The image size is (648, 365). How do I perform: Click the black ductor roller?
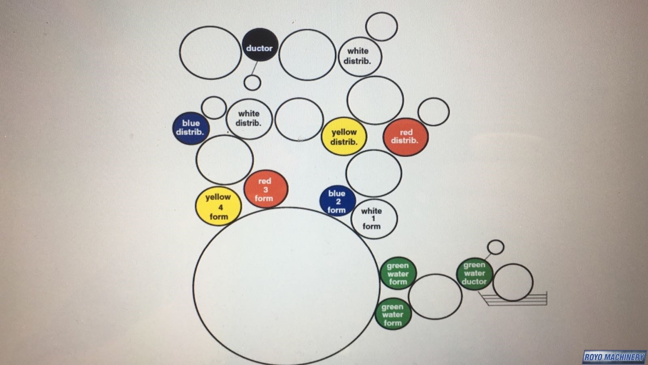(x=260, y=45)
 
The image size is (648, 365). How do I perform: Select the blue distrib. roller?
(x=191, y=128)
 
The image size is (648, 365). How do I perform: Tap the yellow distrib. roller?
(x=344, y=137)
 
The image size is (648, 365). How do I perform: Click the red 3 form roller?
(x=266, y=189)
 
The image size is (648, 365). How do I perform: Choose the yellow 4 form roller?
(x=218, y=207)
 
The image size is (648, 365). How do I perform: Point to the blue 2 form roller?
(x=337, y=201)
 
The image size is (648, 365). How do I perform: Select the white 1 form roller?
(x=373, y=219)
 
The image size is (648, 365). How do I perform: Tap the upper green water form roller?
(x=397, y=273)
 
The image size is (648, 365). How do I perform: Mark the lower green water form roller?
(x=392, y=314)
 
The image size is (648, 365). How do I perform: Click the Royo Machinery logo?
(x=614, y=357)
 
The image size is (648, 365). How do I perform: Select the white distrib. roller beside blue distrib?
(x=249, y=119)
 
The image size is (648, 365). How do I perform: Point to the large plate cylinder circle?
(x=286, y=286)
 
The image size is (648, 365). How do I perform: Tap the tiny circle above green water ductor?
(x=496, y=247)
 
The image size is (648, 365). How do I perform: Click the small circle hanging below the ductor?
(x=252, y=83)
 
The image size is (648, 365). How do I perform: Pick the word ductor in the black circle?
(x=259, y=48)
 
